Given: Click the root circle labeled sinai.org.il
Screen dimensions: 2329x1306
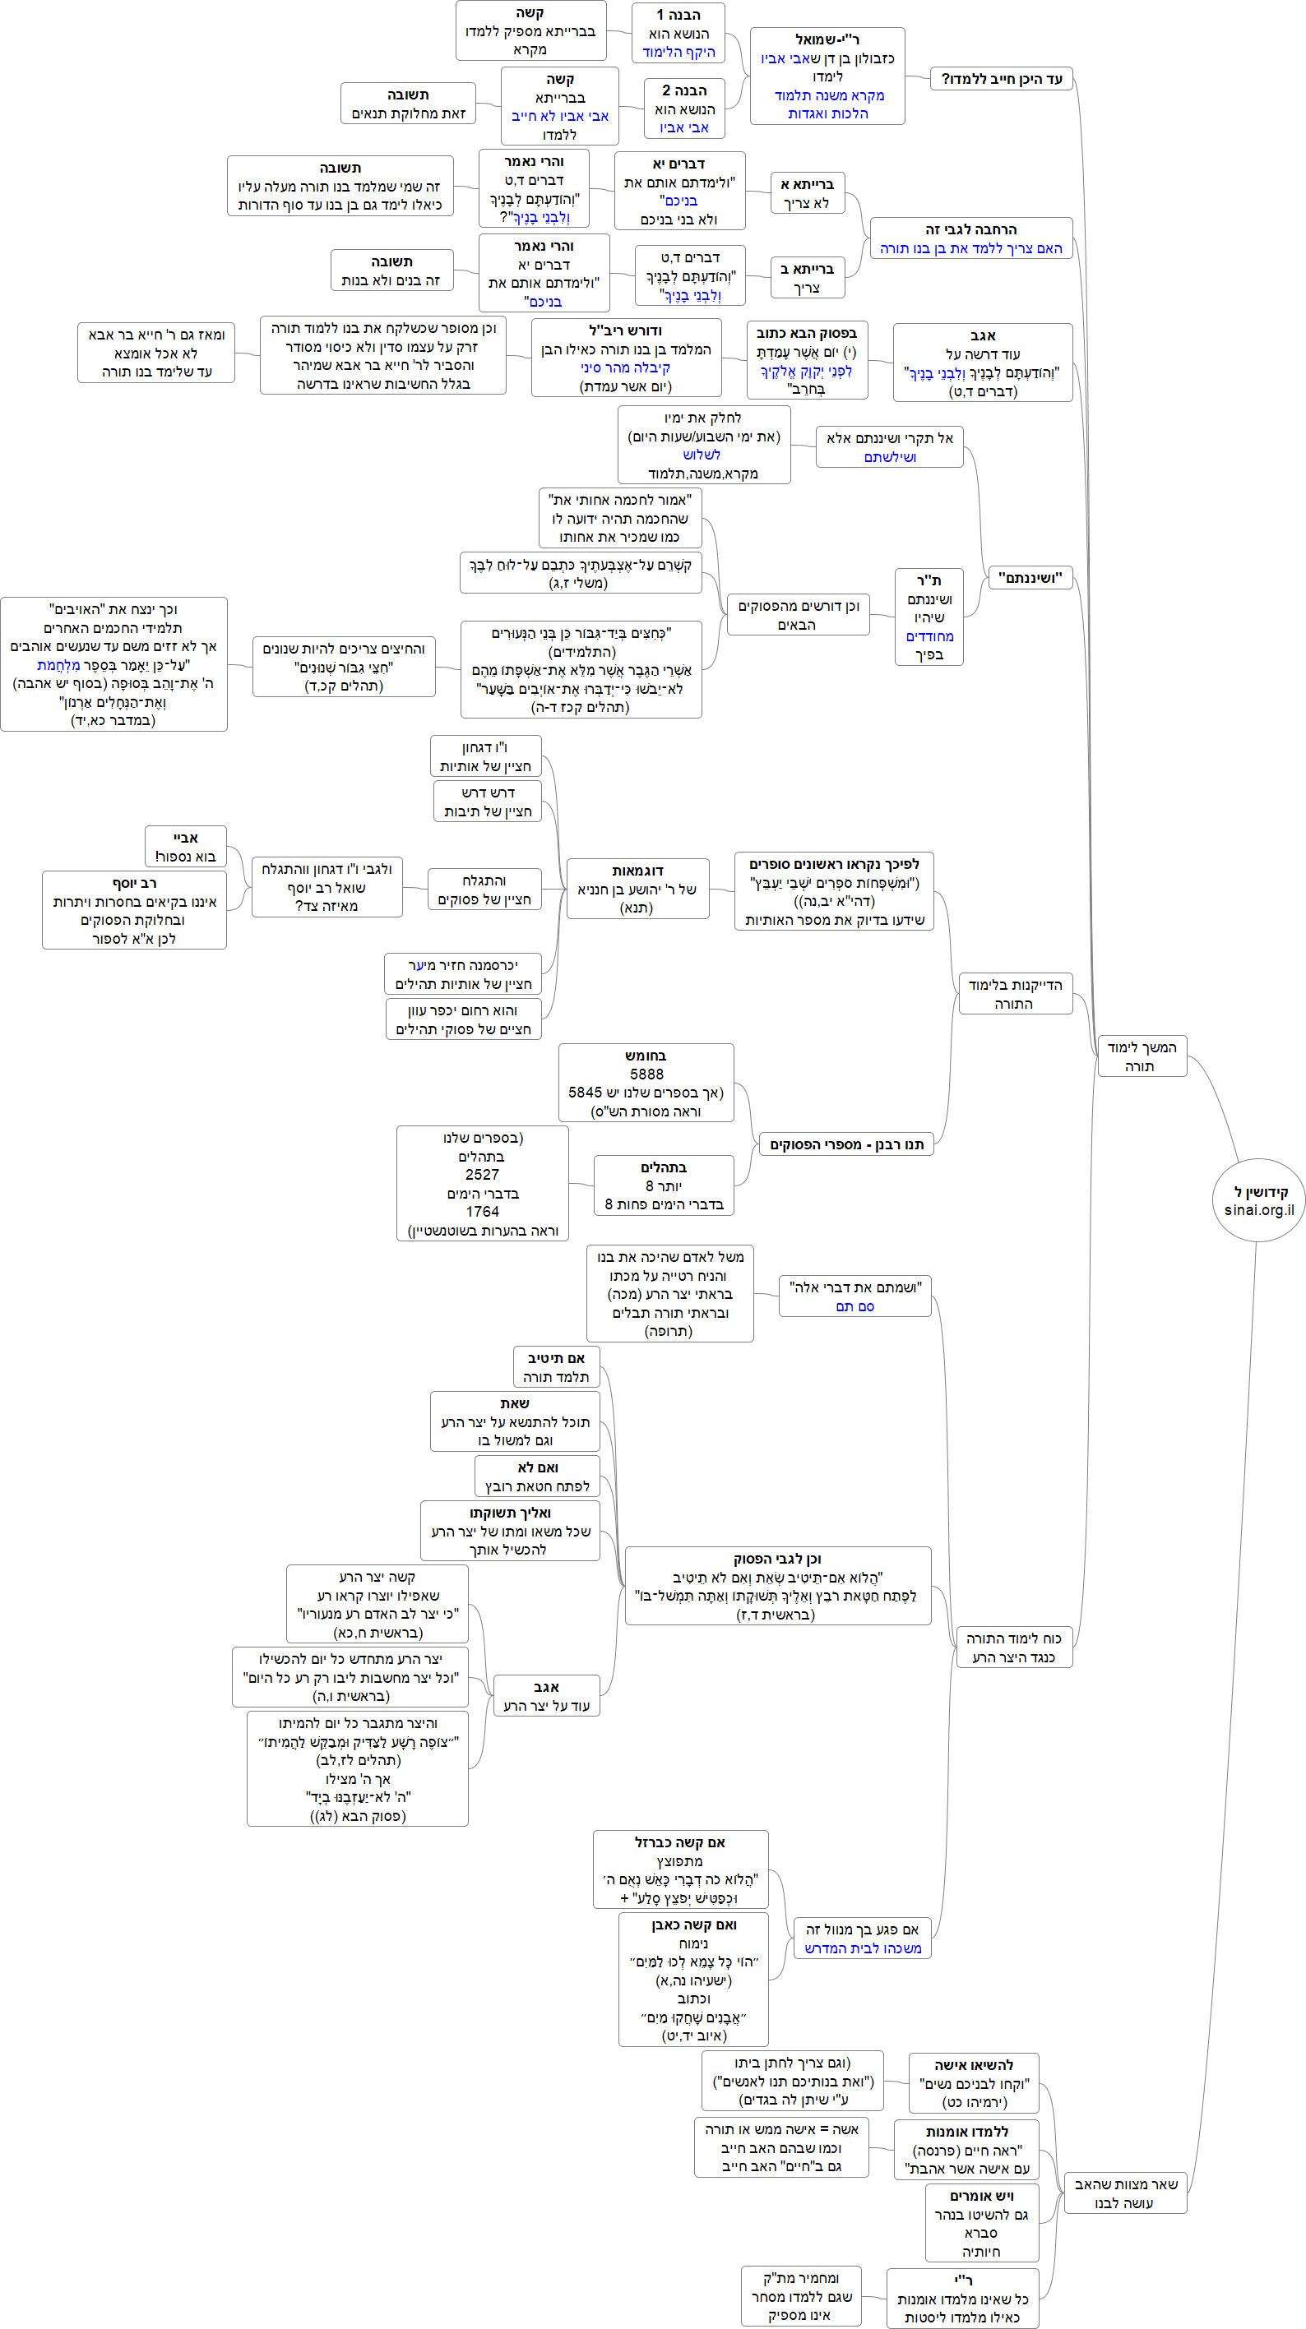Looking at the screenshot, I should pos(1258,1199).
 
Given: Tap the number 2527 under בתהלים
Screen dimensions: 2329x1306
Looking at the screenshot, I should pos(481,1175).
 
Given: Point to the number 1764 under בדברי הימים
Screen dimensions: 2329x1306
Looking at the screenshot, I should pos(481,1212).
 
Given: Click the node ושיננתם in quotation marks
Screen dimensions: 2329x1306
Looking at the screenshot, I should pos(1030,578).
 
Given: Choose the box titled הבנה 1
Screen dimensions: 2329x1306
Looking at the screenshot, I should pos(678,33).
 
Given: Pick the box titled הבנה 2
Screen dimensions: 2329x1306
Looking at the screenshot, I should pos(684,109).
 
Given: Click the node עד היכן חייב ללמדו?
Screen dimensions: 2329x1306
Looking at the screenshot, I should pos(1002,79).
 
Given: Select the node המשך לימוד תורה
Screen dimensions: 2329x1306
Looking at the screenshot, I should pos(1142,1057).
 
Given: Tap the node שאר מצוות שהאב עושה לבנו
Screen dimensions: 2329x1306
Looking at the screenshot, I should pos(1125,2193).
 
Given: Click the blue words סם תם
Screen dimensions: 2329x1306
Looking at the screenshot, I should pos(854,1306).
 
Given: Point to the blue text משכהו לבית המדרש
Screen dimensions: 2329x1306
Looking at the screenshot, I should pos(863,1948).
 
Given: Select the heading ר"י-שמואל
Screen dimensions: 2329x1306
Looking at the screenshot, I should pos(827,39).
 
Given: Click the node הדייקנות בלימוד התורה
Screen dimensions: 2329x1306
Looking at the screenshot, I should pos(1015,994).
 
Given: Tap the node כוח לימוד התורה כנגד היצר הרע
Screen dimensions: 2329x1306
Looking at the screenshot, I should pos(1014,1647).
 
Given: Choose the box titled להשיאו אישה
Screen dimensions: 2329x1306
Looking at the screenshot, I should pos(973,2083).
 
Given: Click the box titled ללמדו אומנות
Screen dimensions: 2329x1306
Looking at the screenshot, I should pos(966,2150).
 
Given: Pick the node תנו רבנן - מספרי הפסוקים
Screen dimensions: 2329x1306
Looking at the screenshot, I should pos(846,1144).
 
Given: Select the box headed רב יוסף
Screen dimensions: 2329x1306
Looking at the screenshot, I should pos(134,910).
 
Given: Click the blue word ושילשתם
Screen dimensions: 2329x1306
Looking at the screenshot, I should pos(890,457).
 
